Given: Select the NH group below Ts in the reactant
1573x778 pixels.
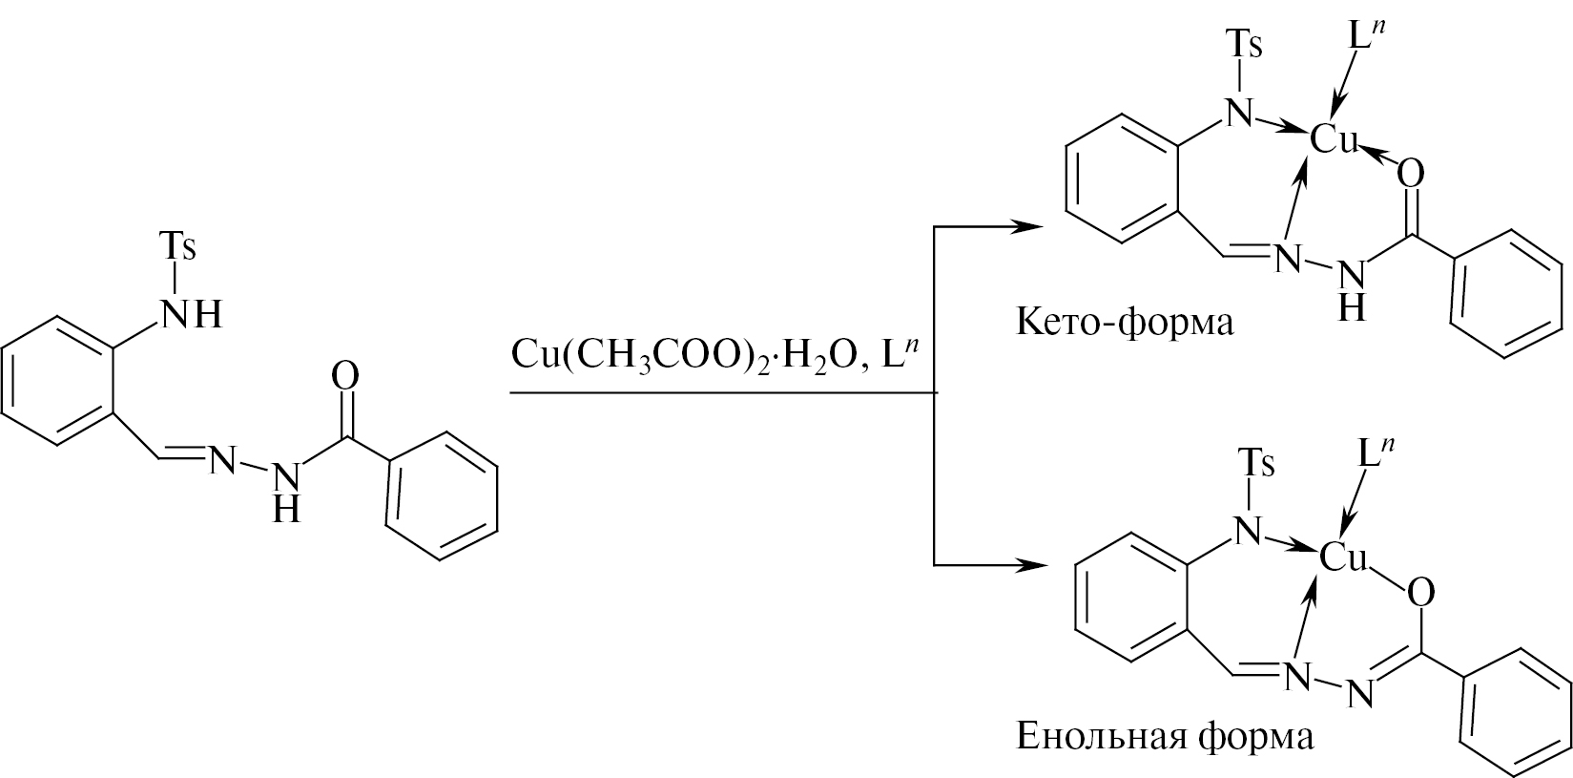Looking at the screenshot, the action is pos(193,314).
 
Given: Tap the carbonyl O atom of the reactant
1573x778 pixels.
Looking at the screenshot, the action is pos(344,377).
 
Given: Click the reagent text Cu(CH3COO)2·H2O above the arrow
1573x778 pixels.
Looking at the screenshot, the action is pos(685,356).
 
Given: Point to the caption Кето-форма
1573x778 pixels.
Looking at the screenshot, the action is pos(1125,324).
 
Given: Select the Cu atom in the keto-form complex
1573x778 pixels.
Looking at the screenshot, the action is pos(1334,138).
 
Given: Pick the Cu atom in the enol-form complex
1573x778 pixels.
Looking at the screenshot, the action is pos(1344,557).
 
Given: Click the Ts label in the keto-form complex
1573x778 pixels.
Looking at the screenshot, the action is pos(1244,45).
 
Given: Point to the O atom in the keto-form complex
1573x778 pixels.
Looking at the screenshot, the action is pos(1411,174).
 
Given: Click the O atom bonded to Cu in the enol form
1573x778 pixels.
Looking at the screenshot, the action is pos(1420,594).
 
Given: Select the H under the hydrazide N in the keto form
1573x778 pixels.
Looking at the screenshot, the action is pos(1352,307).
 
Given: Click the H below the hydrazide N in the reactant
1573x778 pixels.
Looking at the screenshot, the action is pos(286,509).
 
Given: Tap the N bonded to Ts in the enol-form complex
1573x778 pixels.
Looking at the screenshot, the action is pos(1248,532).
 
